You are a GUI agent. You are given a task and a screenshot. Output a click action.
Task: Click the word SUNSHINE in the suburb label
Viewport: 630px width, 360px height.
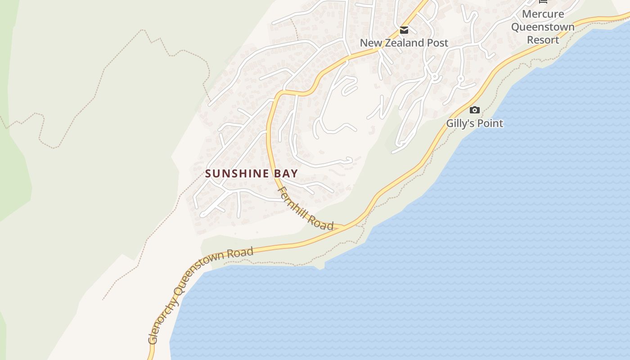click(238, 174)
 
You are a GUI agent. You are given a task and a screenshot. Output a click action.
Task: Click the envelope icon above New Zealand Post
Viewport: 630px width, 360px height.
click(404, 30)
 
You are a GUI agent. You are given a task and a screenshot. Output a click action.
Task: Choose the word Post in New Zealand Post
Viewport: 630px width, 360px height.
click(437, 43)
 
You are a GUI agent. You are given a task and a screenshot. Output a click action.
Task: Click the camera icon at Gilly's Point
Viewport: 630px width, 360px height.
click(474, 110)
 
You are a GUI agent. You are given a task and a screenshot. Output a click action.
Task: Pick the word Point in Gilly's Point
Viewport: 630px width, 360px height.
click(490, 123)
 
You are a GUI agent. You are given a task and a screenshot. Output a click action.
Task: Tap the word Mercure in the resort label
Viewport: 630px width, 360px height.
click(543, 14)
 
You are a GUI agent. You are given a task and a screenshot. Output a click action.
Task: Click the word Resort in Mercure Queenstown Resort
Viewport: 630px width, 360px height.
click(543, 40)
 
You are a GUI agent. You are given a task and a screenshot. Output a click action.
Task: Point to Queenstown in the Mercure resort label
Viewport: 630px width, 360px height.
click(543, 27)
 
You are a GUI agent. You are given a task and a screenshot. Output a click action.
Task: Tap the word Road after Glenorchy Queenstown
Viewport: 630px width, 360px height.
click(240, 252)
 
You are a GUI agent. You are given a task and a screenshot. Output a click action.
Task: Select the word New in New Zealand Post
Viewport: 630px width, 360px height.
click(371, 43)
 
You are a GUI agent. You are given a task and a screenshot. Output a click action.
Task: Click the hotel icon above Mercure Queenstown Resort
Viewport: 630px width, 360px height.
click(543, 1)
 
